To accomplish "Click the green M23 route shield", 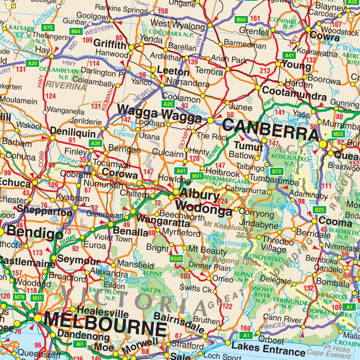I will [x=338, y=134].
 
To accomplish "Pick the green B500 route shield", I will [x=176, y=259].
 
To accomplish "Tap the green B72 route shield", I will [x=277, y=172].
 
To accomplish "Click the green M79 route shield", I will [x=20, y=297].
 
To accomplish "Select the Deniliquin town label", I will [x=73, y=133].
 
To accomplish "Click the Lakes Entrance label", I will [x=268, y=350].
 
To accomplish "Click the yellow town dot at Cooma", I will [x=314, y=221].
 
